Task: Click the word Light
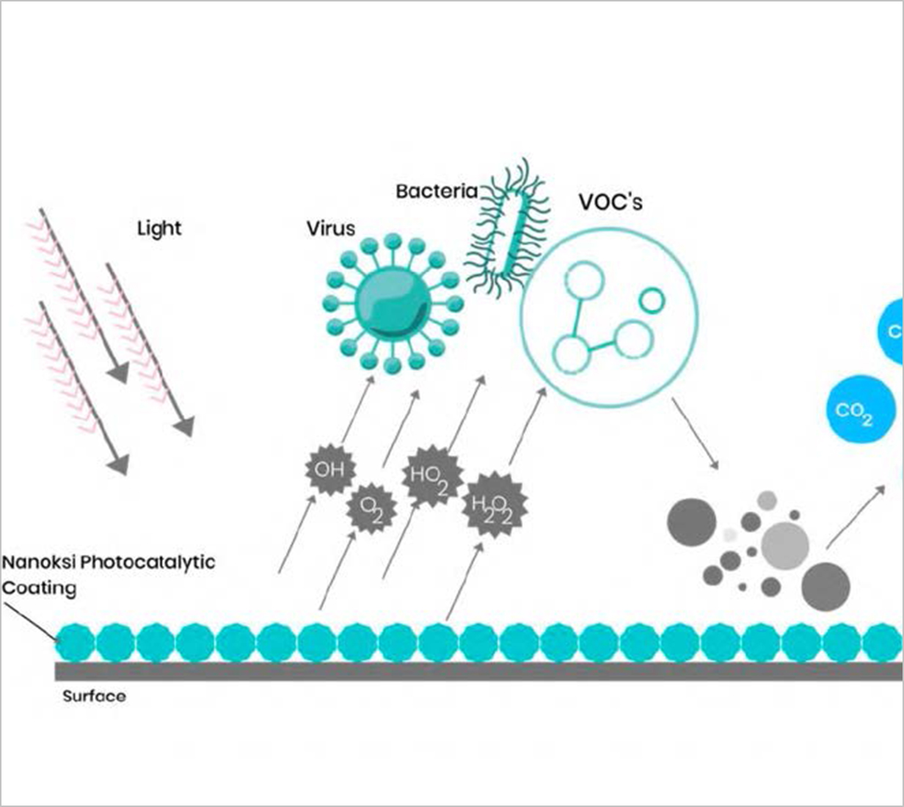(159, 229)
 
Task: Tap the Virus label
(330, 228)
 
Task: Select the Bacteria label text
(436, 191)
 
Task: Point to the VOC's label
(610, 202)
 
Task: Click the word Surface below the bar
(94, 696)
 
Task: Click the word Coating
(40, 588)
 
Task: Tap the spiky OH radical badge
(329, 469)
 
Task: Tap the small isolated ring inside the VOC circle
(652, 299)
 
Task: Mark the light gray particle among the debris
(785, 545)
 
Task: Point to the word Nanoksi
(39, 563)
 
